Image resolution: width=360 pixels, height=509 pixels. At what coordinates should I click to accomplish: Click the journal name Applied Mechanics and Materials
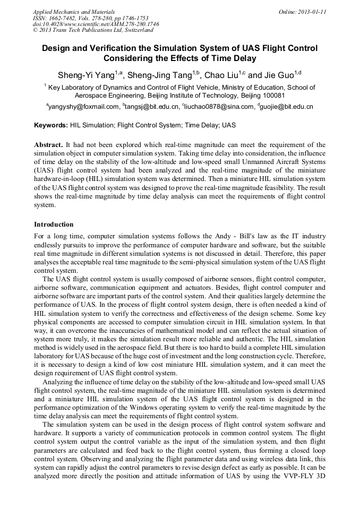coord(74,11)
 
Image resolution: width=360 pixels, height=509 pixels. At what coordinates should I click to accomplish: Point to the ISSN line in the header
coord(84,18)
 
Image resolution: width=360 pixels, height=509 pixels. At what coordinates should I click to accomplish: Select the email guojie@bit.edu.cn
coord(287,107)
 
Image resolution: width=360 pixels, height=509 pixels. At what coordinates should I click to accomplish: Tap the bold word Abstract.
coord(49,144)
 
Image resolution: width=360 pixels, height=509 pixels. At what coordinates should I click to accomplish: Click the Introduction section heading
coord(54,225)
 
